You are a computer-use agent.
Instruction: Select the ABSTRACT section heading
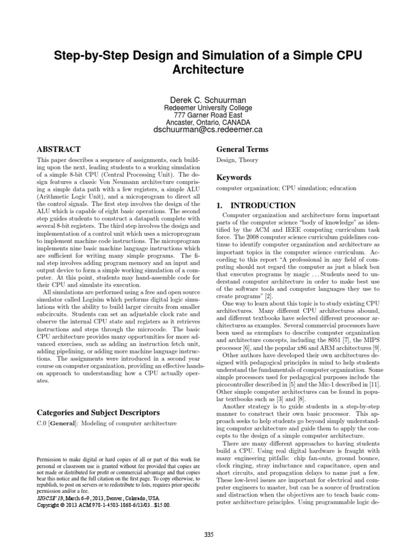[x=58, y=149]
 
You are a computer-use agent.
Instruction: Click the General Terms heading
[x=242, y=149]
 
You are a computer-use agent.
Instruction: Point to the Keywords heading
[x=234, y=177]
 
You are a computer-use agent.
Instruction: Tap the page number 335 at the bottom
[x=209, y=535]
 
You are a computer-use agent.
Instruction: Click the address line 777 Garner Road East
[x=209, y=115]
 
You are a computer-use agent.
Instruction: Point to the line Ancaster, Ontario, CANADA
[x=209, y=122]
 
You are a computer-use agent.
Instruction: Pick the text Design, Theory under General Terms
[x=237, y=160]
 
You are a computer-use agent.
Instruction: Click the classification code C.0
[x=41, y=423]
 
